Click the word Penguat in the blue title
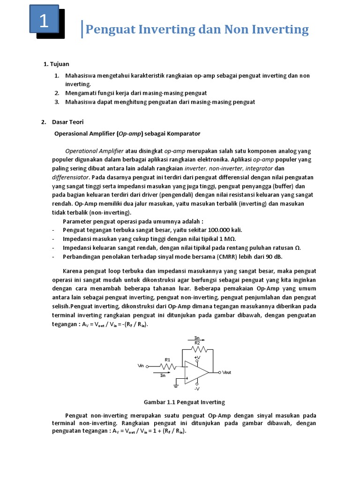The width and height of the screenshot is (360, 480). click(x=111, y=30)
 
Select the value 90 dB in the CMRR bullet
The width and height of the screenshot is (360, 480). click(x=275, y=257)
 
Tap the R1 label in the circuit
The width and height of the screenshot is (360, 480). click(x=167, y=360)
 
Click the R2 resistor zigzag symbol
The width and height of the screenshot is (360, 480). click(x=197, y=349)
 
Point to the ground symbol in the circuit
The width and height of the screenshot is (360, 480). click(x=176, y=385)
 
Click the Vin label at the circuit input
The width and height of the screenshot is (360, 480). click(x=141, y=366)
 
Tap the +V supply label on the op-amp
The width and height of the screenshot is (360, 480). click(x=197, y=357)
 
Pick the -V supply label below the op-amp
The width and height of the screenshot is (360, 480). click(x=197, y=389)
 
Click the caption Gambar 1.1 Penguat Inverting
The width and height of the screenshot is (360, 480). click(x=184, y=402)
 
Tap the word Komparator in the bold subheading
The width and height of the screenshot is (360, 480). click(x=182, y=134)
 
